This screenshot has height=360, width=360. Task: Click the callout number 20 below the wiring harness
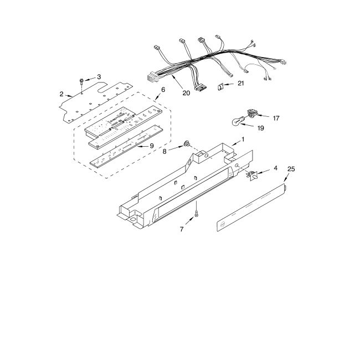pos(186,93)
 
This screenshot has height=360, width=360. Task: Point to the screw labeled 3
pos(81,81)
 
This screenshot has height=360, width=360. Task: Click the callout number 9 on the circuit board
pos(151,146)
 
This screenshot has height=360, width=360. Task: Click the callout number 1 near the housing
pos(241,142)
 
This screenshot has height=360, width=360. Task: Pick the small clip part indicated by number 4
pos(251,176)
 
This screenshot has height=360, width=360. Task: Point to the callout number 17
pos(276,117)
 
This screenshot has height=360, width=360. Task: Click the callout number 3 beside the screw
pos(99,76)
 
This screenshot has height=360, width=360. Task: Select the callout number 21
pos(240,84)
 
